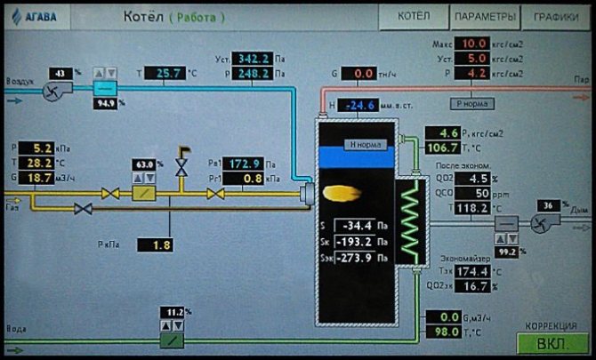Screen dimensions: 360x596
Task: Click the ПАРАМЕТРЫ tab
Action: pos(484,17)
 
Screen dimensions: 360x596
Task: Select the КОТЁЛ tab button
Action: pos(414,17)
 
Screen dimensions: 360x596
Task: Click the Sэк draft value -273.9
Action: pos(354,257)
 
